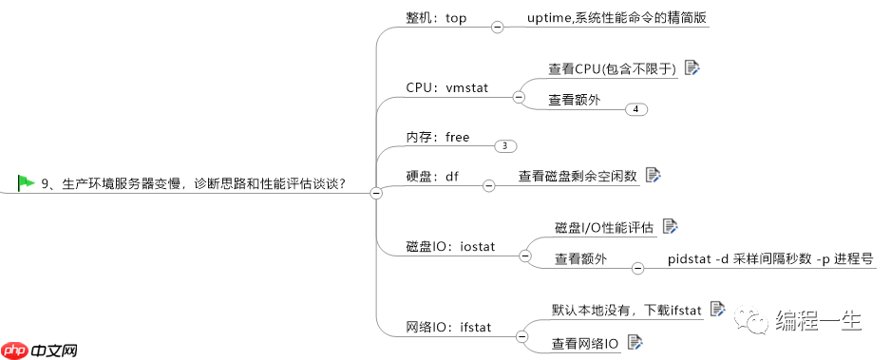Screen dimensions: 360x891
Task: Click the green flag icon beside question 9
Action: pyautogui.click(x=26, y=181)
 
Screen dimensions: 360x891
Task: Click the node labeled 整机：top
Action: pyautogui.click(x=436, y=18)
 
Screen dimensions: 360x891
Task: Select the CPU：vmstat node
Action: pyautogui.click(x=446, y=87)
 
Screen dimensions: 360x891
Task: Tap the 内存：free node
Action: pyautogui.click(x=438, y=137)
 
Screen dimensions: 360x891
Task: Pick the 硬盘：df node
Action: pyautogui.click(x=432, y=177)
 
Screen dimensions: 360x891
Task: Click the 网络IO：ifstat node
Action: pyautogui.click(x=448, y=327)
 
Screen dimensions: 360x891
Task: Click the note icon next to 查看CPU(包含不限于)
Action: pyautogui.click(x=692, y=67)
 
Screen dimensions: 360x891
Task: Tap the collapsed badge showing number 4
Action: pyautogui.click(x=636, y=109)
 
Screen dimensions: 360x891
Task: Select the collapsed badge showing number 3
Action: pyautogui.click(x=505, y=145)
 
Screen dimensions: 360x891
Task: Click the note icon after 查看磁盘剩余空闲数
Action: pyautogui.click(x=653, y=175)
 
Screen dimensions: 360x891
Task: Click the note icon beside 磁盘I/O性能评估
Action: pyautogui.click(x=671, y=226)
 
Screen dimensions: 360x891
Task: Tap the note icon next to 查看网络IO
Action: pyautogui.click(x=635, y=342)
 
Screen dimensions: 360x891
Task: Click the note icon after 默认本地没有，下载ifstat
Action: pyautogui.click(x=717, y=309)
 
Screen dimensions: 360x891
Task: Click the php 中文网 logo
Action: pyautogui.click(x=39, y=349)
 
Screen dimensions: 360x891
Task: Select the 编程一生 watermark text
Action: pyautogui.click(x=818, y=320)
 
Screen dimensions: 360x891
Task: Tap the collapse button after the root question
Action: pyautogui.click(x=375, y=193)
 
